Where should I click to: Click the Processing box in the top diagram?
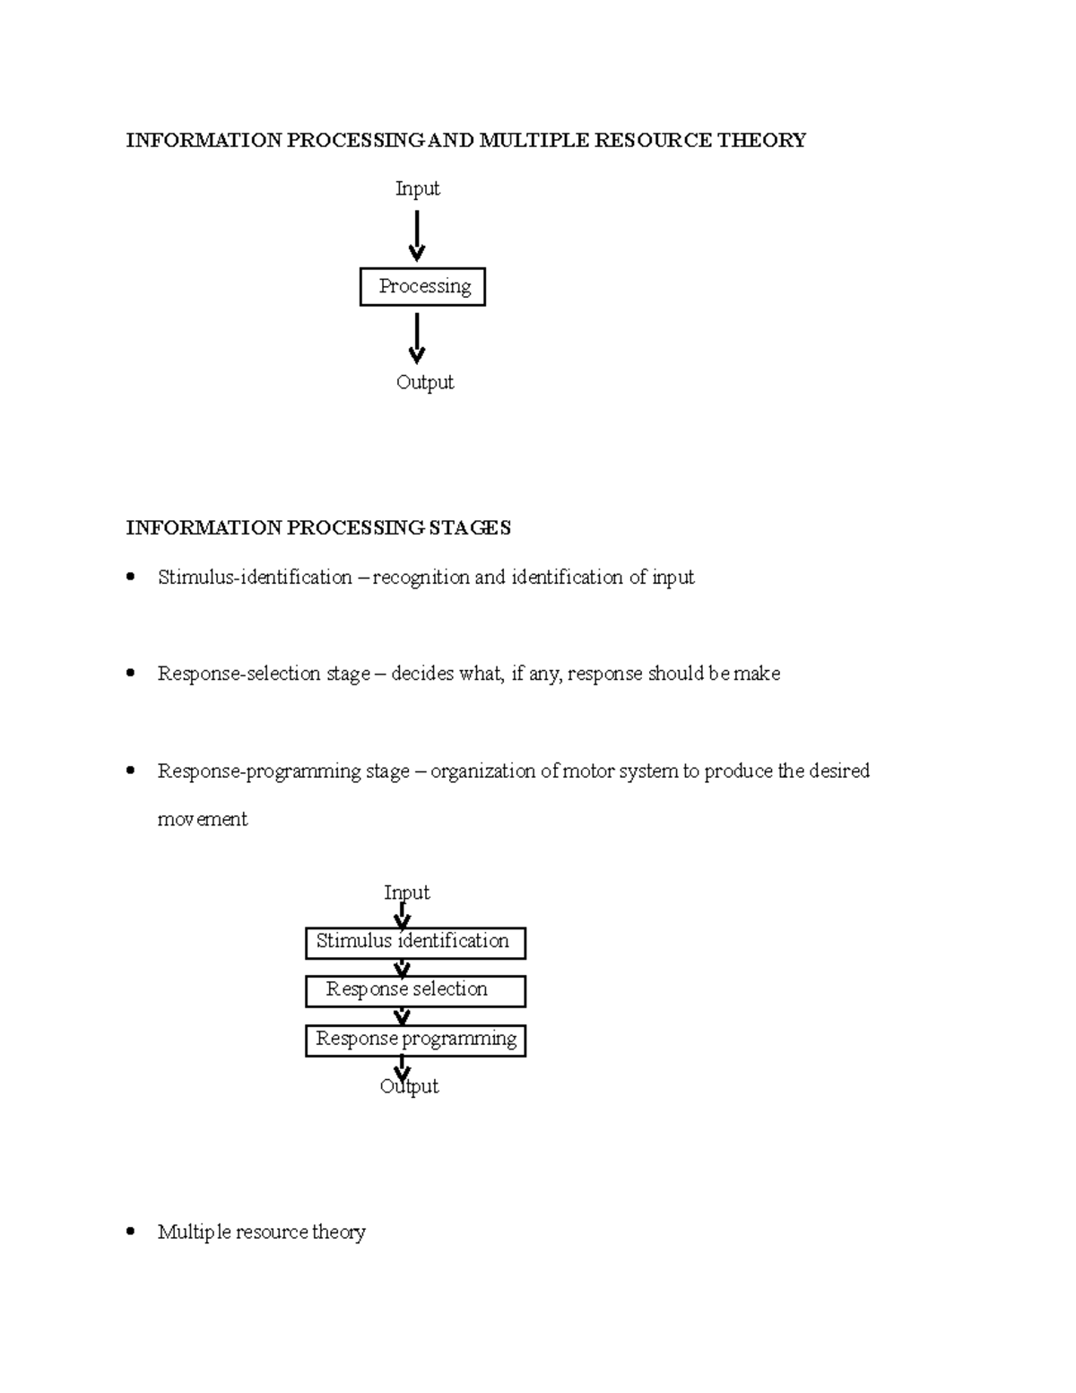pos(422,287)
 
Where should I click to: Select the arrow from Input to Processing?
pos(417,235)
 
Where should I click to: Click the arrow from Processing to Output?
pos(417,338)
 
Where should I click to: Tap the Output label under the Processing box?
pos(425,382)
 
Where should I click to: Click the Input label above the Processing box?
pos(418,188)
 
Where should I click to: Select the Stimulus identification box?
pos(415,943)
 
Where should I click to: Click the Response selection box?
pos(415,990)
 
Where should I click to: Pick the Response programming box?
pos(415,1040)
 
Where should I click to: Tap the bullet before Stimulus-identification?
pos(131,577)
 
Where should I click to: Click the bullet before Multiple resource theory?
pos(131,1232)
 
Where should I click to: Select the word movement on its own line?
pos(203,819)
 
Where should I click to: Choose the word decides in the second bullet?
pos(422,674)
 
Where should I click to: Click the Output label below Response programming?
pos(410,1086)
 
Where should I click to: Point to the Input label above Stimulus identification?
pos(407,892)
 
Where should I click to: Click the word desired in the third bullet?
pos(839,771)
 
